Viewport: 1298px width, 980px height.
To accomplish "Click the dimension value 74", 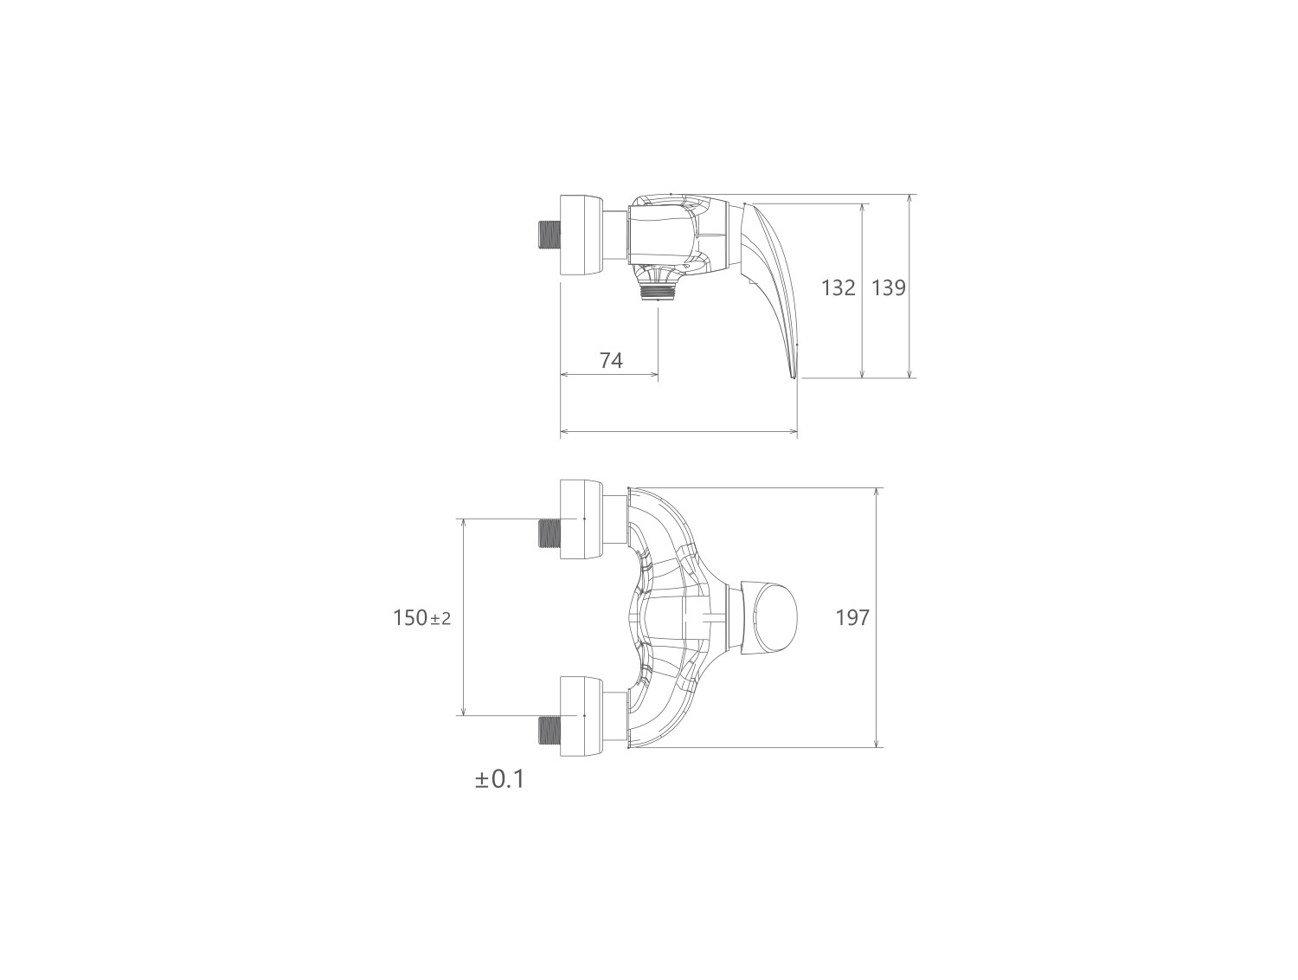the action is [611, 360].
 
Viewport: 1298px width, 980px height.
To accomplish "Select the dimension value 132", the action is [838, 288].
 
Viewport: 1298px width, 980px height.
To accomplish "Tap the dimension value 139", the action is [889, 288].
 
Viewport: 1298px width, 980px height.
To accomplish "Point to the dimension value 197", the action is [852, 617].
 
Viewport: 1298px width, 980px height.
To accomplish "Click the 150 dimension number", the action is [410, 618].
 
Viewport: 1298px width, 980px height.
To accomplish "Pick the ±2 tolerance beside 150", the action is [440, 619].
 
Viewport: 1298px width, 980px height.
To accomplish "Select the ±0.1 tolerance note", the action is [499, 779].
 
